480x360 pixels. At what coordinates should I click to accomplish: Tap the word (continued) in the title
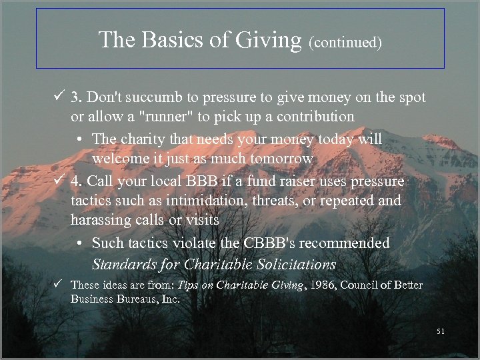[345, 43]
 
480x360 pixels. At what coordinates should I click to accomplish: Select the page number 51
[439, 331]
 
